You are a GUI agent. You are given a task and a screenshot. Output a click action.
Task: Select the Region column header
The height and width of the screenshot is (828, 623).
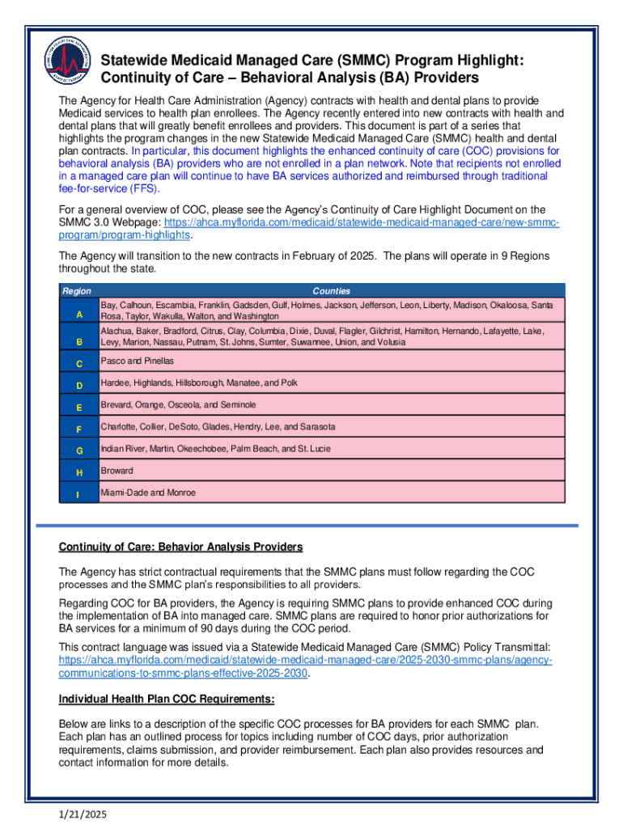77,291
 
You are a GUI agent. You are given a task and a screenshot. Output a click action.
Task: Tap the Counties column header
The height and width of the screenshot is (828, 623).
331,291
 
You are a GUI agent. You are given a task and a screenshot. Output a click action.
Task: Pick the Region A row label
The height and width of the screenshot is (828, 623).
79,314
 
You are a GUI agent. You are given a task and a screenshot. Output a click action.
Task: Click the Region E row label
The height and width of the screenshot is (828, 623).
79,406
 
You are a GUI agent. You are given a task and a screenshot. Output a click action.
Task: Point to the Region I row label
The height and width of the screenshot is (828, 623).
79,494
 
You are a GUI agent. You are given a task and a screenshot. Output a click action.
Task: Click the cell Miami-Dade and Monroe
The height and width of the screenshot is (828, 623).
148,492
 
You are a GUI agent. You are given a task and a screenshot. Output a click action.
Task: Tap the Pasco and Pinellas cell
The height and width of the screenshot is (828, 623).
137,361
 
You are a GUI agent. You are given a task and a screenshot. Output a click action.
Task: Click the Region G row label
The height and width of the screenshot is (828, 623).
79,450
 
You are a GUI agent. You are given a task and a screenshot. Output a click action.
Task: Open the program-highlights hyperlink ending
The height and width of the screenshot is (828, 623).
125,234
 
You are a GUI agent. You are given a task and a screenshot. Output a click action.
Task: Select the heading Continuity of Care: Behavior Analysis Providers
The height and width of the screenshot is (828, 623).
180,547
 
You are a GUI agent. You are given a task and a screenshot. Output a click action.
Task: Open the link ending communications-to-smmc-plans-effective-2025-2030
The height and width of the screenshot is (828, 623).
184,672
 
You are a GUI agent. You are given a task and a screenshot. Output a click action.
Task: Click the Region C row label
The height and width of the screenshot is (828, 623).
79,362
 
